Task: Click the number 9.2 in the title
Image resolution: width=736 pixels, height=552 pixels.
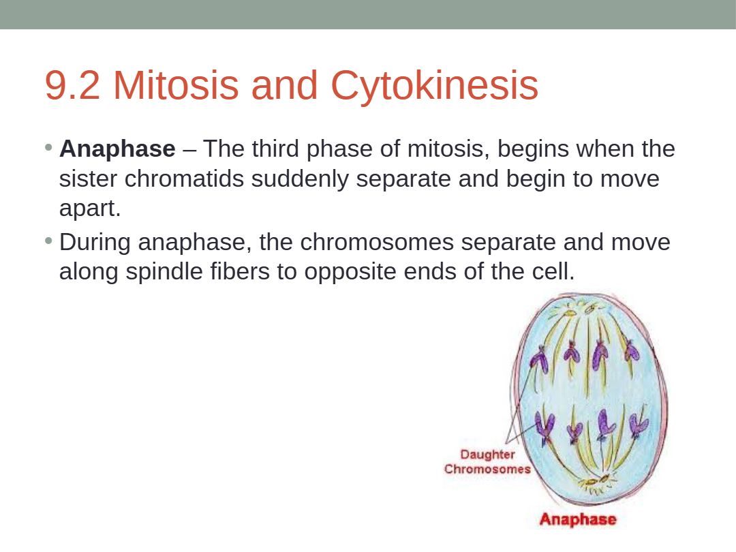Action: pos(73,85)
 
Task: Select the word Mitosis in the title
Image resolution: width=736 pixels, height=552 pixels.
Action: pos(176,85)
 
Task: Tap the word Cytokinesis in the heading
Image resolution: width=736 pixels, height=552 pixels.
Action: pos(434,86)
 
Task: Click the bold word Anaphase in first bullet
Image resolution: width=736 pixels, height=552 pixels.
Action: pos(117,149)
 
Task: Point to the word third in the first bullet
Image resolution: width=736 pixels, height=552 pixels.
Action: pos(275,149)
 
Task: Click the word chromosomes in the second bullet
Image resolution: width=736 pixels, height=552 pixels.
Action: pos(377,243)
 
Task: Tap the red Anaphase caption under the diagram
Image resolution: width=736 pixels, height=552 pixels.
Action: pos(578,519)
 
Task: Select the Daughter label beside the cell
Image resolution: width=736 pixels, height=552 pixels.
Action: pos(487,455)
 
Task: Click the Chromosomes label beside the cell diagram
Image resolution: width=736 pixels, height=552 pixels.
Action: pos(487,469)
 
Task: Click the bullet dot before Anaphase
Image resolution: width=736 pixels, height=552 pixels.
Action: pos(48,148)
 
